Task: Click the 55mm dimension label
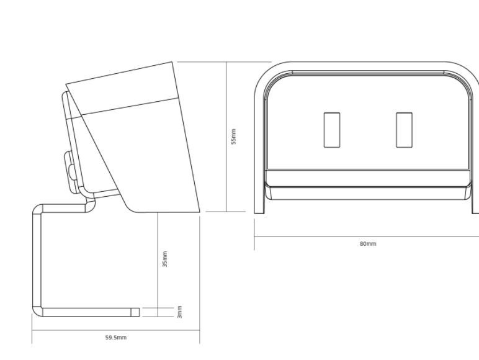[x=234, y=137]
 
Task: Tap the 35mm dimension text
[x=165, y=259]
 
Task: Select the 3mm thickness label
[x=180, y=312]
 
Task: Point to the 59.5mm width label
[x=116, y=338]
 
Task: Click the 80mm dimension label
[x=368, y=243]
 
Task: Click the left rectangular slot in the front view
[x=332, y=130]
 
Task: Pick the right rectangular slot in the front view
[x=404, y=130]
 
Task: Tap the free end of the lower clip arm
[x=140, y=312]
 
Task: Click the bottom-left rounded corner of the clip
[x=37, y=312]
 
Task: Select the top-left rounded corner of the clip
[x=37, y=209]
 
